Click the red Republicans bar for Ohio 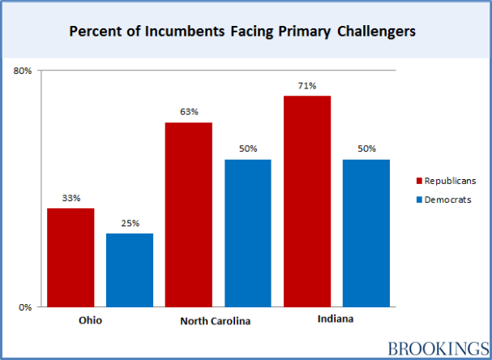71,258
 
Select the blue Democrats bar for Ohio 130,270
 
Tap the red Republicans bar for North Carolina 189,215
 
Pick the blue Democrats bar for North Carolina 248,234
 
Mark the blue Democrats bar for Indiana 366,234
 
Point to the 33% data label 71,198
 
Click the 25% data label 130,223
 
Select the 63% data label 189,112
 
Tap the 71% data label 307,85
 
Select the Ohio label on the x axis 91,320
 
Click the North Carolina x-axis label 215,321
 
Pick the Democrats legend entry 443,199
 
